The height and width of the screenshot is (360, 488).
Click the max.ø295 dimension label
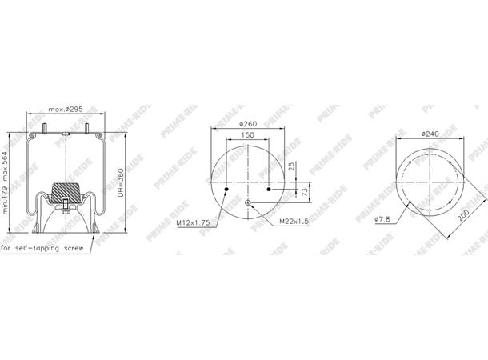[66, 110]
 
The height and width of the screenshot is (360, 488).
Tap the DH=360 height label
[121, 182]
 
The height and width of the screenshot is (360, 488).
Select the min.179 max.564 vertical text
[5, 182]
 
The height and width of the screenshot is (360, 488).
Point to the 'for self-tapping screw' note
[42, 248]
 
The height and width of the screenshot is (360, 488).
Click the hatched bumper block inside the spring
[66, 193]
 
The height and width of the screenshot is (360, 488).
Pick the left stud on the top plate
[45, 129]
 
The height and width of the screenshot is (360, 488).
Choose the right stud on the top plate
[87, 129]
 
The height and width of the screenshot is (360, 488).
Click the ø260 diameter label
[248, 124]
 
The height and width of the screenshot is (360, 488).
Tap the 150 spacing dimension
[247, 135]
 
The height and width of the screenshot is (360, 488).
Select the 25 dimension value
[292, 166]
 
